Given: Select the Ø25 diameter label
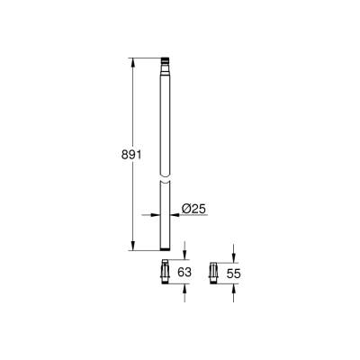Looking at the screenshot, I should (x=193, y=209).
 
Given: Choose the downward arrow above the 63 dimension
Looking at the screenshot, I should (x=184, y=256).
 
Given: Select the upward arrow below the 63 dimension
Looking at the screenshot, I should (x=184, y=287).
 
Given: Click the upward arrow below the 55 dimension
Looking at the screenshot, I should (x=232, y=285).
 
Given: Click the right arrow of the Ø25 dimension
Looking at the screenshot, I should (x=171, y=214).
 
